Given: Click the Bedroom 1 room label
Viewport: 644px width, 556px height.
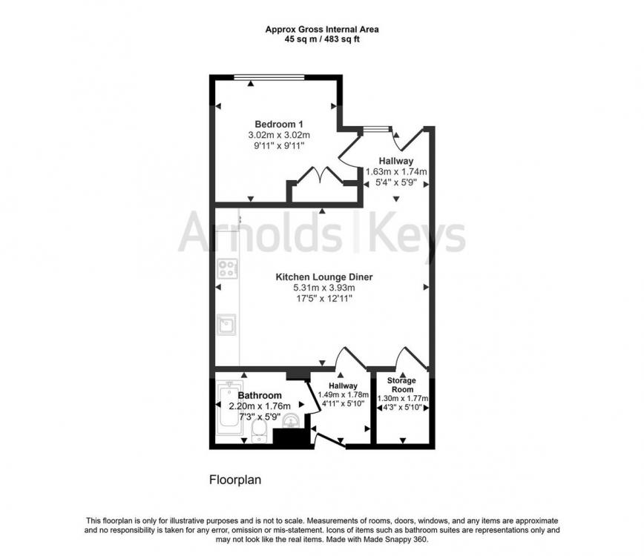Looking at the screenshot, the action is point(279,124).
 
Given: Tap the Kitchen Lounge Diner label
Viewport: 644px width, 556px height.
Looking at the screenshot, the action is point(324,277).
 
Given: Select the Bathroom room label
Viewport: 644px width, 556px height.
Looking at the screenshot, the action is point(260,396).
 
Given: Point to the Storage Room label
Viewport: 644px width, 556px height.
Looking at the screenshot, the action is point(401,385).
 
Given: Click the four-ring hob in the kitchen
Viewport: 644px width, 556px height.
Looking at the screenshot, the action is point(227,269).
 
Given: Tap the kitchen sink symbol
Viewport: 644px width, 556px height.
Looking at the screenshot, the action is point(226,325).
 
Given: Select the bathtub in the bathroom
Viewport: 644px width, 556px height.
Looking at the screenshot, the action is point(229,408).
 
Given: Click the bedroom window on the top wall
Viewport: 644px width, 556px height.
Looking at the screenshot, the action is point(269,77).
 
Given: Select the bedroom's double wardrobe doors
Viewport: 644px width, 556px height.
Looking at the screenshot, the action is point(321,175).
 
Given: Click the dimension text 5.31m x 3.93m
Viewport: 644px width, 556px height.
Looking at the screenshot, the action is point(324,288).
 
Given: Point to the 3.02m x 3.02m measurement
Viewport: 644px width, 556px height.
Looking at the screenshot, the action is point(279,135).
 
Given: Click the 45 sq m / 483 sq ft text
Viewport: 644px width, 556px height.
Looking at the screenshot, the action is point(322,39).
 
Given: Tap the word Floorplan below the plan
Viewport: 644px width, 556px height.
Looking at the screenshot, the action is point(235,480).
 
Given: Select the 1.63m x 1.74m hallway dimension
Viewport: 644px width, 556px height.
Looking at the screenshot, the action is point(396,172).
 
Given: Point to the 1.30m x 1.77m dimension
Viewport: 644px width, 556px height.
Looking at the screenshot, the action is point(402,398).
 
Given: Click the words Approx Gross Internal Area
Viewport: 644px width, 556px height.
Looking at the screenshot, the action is point(322,30).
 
